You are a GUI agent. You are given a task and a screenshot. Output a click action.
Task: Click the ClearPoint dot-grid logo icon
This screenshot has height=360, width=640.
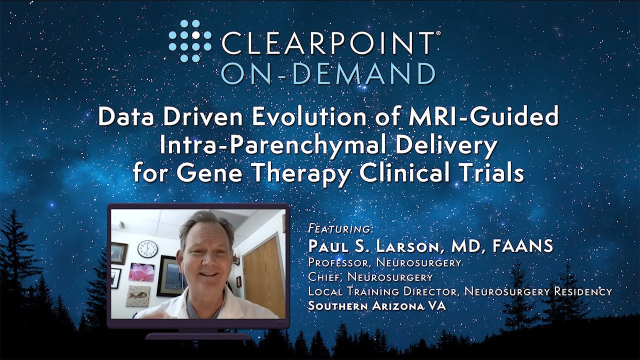pyautogui.click(x=190, y=41)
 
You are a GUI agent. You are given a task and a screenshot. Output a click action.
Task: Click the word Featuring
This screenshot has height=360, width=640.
pyautogui.click(x=340, y=229)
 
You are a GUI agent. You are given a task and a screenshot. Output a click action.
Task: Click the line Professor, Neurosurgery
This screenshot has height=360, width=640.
pyautogui.click(x=384, y=262)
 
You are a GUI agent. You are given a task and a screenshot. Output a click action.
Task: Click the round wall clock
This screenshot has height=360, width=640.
pyautogui.click(x=147, y=249)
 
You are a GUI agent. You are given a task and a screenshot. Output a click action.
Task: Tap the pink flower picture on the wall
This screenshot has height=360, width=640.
pyautogui.click(x=141, y=272)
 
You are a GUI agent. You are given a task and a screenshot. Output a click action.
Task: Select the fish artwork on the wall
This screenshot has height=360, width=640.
pyautogui.click(x=137, y=295)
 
